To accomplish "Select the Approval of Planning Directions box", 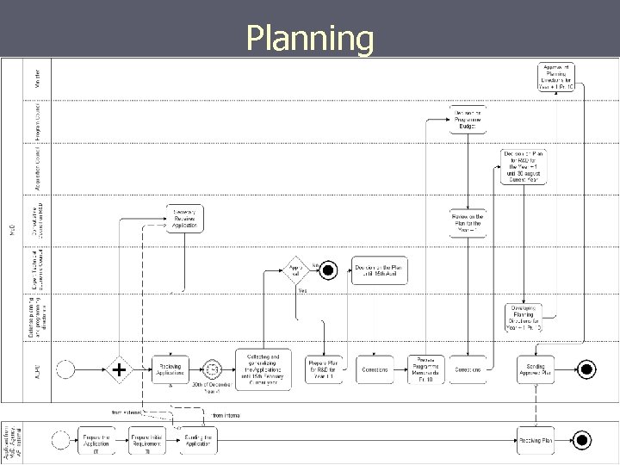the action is point(557,77).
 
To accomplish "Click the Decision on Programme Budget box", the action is point(468,120).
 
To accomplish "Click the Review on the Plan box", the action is point(468,222).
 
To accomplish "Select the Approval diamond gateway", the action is point(296,270).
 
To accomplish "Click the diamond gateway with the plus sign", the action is point(118,369).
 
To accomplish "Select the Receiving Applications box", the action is point(170,369).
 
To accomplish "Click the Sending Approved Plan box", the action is point(536,369).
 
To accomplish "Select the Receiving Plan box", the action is point(536,439).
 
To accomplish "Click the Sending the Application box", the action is point(200,439).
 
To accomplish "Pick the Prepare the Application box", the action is point(96,439).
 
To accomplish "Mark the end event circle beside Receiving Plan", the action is point(583,439).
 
